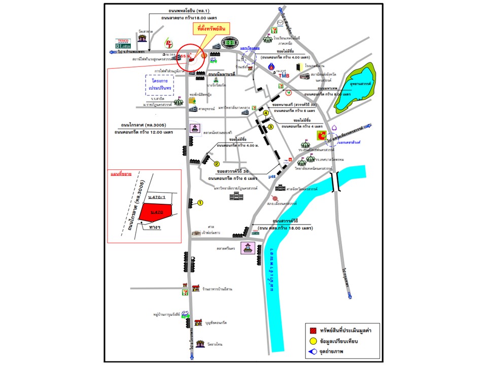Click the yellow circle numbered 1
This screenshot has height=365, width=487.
tap(200, 203)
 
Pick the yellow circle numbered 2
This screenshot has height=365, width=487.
tap(216, 164)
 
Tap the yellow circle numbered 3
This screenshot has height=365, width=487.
tap(271, 127)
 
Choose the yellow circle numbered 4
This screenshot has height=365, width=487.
tap(265, 113)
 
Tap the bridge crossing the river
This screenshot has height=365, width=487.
tap(334, 181)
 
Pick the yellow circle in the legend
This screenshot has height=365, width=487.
tap(314, 339)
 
